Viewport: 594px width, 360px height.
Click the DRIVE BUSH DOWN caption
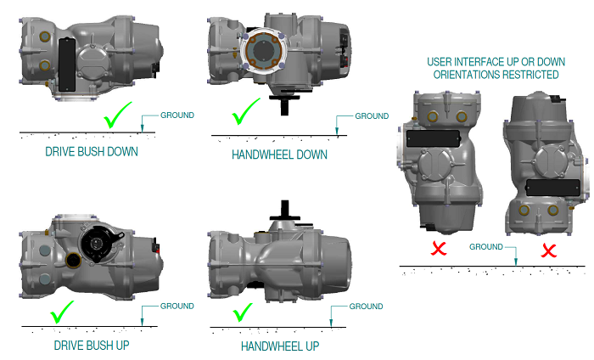pyautogui.click(x=91, y=153)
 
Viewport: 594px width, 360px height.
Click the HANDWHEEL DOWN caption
pyautogui.click(x=279, y=155)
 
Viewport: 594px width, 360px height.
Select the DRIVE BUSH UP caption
pyautogui.click(x=92, y=346)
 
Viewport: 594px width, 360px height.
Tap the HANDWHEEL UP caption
pyautogui.click(x=280, y=347)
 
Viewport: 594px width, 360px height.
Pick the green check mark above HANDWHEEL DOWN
pyautogui.click(x=246, y=112)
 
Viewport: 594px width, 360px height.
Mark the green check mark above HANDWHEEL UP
pyautogui.click(x=244, y=312)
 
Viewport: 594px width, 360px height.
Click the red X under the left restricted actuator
pyautogui.click(x=439, y=249)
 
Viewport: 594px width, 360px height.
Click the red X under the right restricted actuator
pyautogui.click(x=549, y=250)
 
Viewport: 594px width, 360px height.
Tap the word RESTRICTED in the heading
pyautogui.click(x=530, y=75)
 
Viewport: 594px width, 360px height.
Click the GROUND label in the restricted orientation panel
pyautogui.click(x=488, y=246)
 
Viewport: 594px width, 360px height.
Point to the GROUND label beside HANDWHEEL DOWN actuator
pyautogui.click(x=371, y=115)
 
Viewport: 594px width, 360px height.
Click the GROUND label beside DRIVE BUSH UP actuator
pyautogui.click(x=177, y=306)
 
